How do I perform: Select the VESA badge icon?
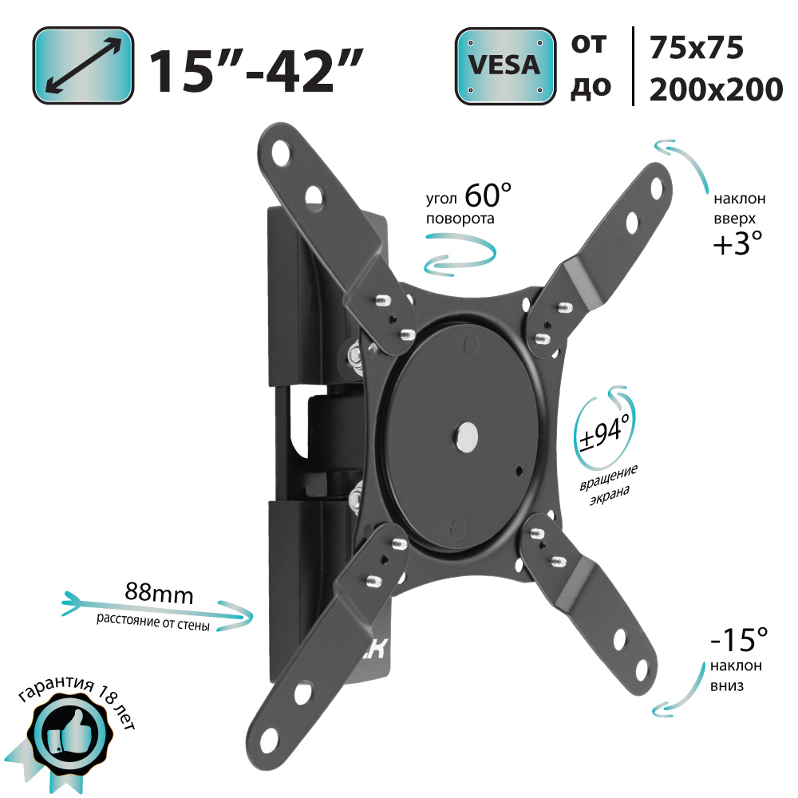pyautogui.click(x=504, y=65)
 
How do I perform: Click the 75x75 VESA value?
pyautogui.click(x=696, y=48)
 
